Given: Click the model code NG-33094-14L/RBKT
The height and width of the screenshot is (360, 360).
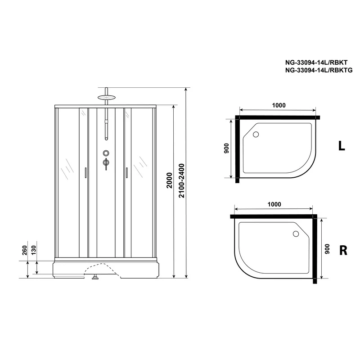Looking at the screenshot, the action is point(316,63).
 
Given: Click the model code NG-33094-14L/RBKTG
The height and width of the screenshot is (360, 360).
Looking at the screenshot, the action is point(319,70).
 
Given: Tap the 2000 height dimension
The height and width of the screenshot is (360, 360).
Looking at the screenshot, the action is point(170,180).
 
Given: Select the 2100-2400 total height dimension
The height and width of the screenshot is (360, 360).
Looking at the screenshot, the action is point(181,180).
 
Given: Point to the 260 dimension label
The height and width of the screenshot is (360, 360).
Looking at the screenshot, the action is point(25,250).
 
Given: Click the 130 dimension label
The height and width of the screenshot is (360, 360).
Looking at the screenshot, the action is point(33,250).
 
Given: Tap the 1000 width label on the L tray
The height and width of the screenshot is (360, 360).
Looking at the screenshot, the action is point(279,105).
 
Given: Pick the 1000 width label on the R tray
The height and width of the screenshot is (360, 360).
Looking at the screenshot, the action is point(274,204).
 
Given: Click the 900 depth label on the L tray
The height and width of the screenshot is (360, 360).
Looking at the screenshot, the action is point(226,148).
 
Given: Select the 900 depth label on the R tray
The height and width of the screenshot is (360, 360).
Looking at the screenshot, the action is point(327,249).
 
